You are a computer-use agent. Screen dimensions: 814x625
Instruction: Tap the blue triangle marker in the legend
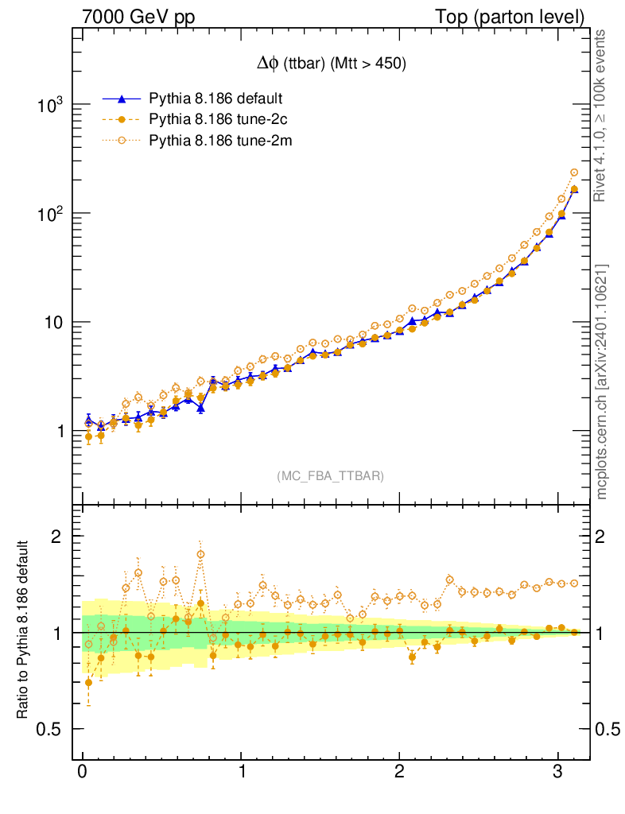click(x=122, y=99)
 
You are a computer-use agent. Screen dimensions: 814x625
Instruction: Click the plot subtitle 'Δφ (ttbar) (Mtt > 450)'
click(x=328, y=65)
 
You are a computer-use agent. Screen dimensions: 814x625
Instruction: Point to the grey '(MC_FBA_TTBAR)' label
click(x=331, y=476)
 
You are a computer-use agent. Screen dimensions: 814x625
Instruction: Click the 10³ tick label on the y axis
click(x=50, y=105)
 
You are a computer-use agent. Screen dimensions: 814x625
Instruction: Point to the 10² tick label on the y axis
click(x=50, y=214)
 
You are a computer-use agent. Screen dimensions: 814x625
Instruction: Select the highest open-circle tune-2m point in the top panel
click(x=574, y=172)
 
